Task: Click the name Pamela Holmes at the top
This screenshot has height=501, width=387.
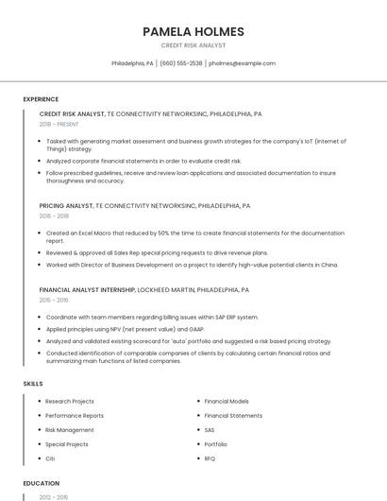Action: point(193,31)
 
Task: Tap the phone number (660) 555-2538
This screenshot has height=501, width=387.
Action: point(181,63)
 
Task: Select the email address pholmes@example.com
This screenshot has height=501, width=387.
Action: point(242,63)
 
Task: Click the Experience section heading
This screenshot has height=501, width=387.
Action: point(41,99)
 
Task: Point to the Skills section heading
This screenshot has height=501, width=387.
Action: point(33,384)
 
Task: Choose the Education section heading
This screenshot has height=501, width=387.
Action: point(42,483)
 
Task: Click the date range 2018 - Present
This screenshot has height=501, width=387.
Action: point(59,125)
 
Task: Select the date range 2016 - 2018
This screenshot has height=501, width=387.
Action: point(54,216)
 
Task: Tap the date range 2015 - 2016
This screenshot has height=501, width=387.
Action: point(54,300)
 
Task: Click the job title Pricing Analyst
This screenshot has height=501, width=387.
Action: point(66,205)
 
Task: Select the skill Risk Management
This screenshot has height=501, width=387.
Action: point(70,430)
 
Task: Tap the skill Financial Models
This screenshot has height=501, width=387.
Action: point(227,402)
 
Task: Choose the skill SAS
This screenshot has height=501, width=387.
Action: point(210,430)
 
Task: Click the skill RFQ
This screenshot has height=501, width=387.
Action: point(210,458)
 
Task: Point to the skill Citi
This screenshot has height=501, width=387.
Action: point(51,458)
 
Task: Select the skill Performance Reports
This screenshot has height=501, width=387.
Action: point(75,416)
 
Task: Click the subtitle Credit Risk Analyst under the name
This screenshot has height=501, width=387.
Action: point(193,45)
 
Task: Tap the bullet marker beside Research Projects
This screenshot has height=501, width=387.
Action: point(39,402)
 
